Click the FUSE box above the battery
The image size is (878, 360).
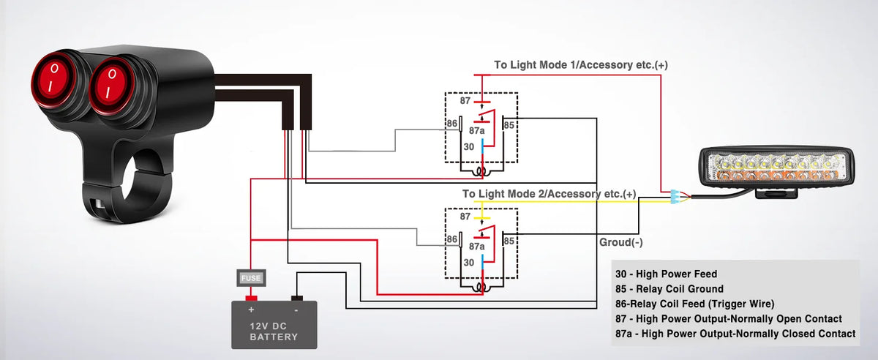coord(251,278)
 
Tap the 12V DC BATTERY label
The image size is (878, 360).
coord(274,331)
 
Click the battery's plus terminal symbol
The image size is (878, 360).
coord(251,310)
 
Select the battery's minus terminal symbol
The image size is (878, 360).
coord(296,310)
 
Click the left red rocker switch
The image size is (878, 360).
coord(52,79)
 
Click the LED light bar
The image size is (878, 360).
coord(776,167)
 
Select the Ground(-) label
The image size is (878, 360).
coord(621,242)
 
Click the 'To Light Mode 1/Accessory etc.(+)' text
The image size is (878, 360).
coord(580,64)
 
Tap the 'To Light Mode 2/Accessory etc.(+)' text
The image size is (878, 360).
coord(549,194)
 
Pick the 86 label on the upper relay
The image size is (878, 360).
coord(452,124)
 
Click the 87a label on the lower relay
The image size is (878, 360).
coord(476,247)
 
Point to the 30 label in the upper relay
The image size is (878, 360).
coord(469,146)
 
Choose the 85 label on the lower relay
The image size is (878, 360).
coord(509,241)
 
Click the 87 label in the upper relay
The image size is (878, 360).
coord(465,101)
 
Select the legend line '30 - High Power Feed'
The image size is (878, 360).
coord(666,274)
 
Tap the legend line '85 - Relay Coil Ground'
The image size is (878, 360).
coord(669,288)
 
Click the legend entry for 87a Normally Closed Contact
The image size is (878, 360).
coord(735,334)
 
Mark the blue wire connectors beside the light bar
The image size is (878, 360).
coord(674,197)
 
